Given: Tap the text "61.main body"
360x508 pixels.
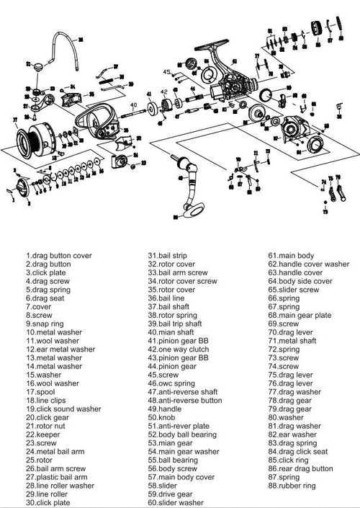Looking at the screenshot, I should [x=291, y=255].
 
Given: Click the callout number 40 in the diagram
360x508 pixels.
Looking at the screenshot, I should [x=133, y=105].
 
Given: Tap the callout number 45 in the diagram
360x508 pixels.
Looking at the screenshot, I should [x=166, y=72].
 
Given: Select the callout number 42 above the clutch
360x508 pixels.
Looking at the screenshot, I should [x=163, y=92].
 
